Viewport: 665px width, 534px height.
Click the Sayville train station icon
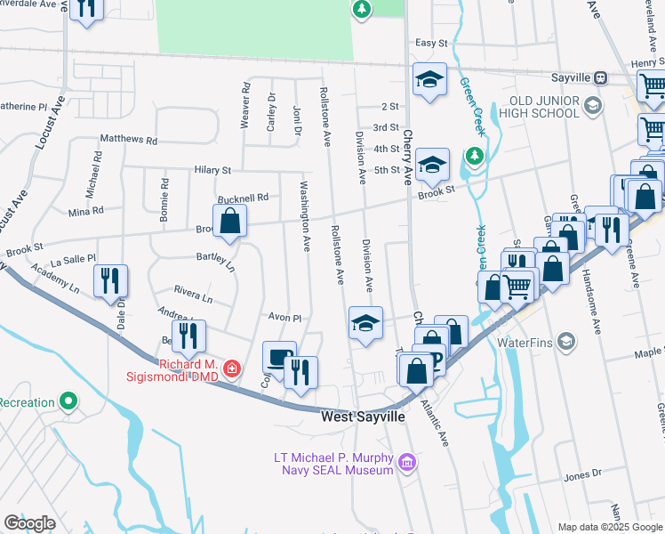(601, 77)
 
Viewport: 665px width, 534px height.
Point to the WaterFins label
(527, 342)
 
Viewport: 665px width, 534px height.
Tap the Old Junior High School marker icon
(591, 106)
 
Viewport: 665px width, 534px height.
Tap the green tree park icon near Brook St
(477, 156)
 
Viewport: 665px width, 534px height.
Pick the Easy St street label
(431, 42)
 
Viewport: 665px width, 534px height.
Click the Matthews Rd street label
(128, 140)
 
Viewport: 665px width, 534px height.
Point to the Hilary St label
(212, 169)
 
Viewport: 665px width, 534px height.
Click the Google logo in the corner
(29, 522)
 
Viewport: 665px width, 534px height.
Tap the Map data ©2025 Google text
(609, 527)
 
